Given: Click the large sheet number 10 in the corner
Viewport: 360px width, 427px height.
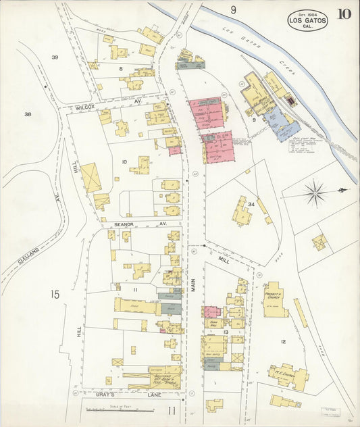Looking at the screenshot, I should click(344, 14).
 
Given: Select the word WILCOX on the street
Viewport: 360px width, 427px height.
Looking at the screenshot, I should click(84, 107).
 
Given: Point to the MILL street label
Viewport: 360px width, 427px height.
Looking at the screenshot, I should click(224, 257).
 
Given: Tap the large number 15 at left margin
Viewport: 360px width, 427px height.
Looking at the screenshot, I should click(55, 294).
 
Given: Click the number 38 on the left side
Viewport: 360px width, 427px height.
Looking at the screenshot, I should click(28, 114).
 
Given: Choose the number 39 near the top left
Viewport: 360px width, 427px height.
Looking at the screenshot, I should click(55, 57).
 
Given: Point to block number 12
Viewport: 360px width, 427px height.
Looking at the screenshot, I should click(283, 342).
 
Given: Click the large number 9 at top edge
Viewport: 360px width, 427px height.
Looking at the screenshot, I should click(233, 9).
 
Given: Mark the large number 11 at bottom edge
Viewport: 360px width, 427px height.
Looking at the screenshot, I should click(172, 409).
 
